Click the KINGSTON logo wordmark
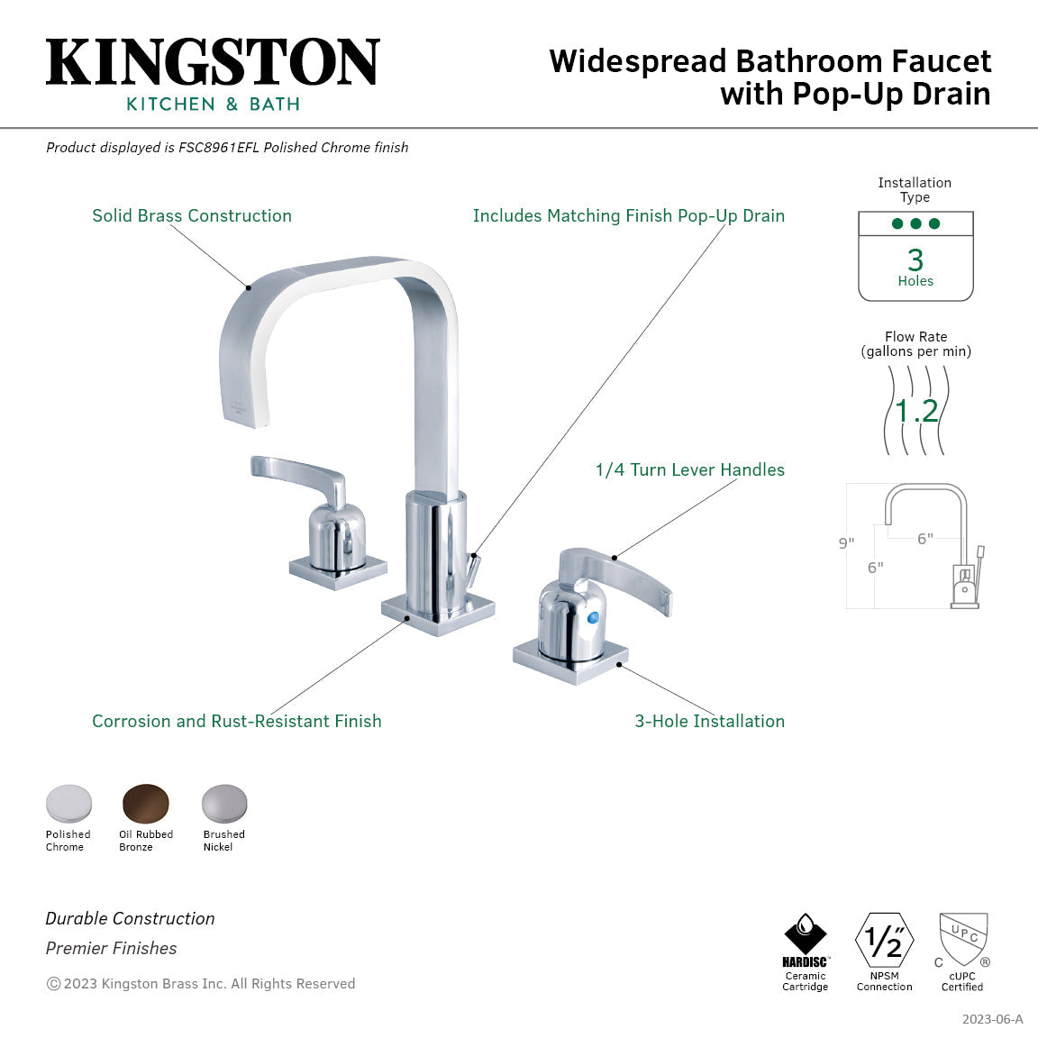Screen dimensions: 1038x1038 [213, 62]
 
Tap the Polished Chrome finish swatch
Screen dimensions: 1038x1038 [68, 803]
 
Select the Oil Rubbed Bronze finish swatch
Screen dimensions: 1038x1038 [146, 803]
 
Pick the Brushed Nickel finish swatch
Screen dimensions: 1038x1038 [223, 803]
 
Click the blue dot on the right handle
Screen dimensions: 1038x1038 [592, 618]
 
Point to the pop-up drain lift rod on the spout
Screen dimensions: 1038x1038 [472, 569]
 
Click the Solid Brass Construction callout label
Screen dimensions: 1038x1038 [192, 216]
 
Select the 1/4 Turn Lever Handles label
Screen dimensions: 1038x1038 [689, 470]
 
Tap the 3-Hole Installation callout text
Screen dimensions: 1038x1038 [709, 722]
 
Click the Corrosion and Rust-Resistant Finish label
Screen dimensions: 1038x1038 [236, 722]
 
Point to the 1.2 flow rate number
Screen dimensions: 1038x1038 [916, 411]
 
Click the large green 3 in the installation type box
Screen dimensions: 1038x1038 [915, 260]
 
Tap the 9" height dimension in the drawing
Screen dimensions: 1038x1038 [846, 543]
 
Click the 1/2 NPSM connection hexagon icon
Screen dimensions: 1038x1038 [884, 941]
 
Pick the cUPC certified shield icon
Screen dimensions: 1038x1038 [963, 939]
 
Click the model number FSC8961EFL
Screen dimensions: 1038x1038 [218, 148]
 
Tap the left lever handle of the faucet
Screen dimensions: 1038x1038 [297, 477]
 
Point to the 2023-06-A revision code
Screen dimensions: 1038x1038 [992, 1020]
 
